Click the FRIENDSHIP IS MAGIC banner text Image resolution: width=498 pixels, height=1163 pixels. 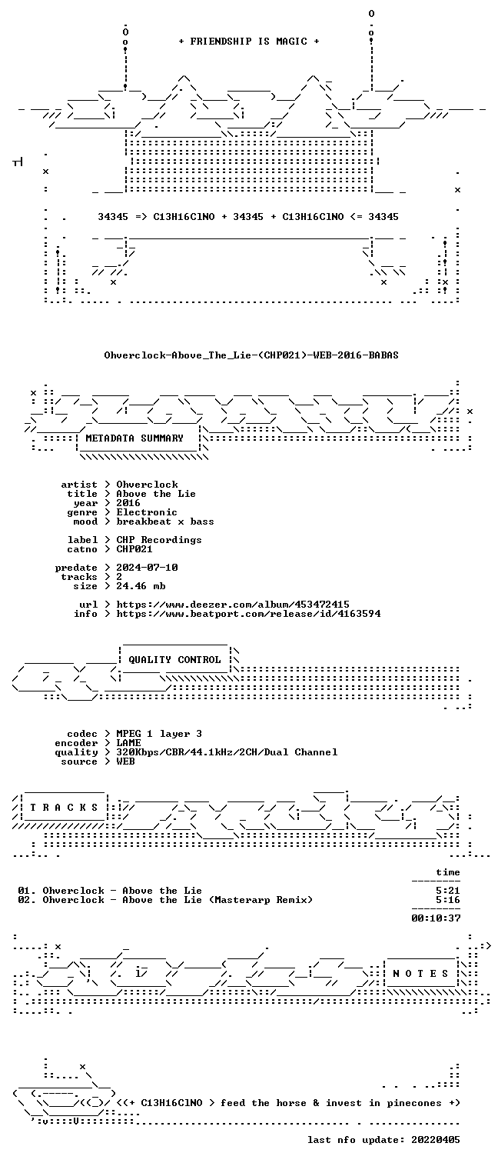[x=249, y=42]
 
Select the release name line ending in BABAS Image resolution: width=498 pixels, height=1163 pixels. [x=251, y=355]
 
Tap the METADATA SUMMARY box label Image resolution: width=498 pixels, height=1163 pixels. [x=134, y=438]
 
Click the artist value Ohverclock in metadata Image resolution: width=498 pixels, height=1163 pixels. [x=147, y=485]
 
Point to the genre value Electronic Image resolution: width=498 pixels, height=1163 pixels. [x=147, y=512]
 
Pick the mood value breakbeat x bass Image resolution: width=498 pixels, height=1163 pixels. [x=165, y=522]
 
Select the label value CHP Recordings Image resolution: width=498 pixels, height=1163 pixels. [x=159, y=540]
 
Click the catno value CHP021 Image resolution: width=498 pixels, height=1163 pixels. [x=134, y=549]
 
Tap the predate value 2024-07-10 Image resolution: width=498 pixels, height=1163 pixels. [x=147, y=568]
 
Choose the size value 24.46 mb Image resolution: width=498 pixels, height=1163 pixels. [x=141, y=586]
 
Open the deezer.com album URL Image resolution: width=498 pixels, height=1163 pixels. [x=233, y=605]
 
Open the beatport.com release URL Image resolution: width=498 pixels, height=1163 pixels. [x=248, y=614]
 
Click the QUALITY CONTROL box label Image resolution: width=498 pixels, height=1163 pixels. [x=174, y=660]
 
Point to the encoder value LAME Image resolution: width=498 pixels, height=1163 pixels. [x=128, y=743]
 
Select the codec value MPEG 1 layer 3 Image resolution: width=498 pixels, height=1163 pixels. [x=159, y=734]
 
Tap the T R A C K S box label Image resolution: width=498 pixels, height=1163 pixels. [x=64, y=808]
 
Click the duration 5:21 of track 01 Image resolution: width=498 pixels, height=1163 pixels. [x=448, y=891]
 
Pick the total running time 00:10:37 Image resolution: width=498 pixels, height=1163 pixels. [x=436, y=918]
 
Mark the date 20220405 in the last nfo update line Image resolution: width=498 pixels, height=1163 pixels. [x=436, y=1140]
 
